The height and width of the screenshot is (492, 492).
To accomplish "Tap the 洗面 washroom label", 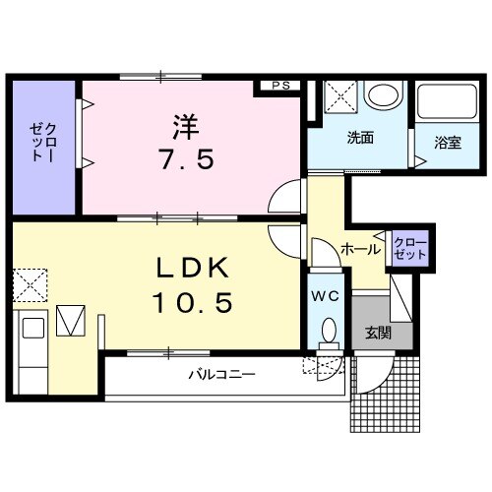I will click(359, 138).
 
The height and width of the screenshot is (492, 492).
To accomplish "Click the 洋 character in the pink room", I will click(187, 127).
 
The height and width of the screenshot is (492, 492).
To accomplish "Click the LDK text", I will click(193, 268).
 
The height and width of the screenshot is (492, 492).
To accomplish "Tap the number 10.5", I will click(192, 303).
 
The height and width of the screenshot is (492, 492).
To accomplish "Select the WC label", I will click(326, 294).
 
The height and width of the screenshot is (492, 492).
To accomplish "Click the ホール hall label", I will click(360, 250).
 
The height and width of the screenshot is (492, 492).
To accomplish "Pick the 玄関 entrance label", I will click(377, 333).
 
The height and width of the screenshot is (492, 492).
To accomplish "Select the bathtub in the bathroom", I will click(447, 101).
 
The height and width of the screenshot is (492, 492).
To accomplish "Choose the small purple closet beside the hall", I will click(408, 247).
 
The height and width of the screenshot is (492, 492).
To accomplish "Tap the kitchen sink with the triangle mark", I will click(72, 320).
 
